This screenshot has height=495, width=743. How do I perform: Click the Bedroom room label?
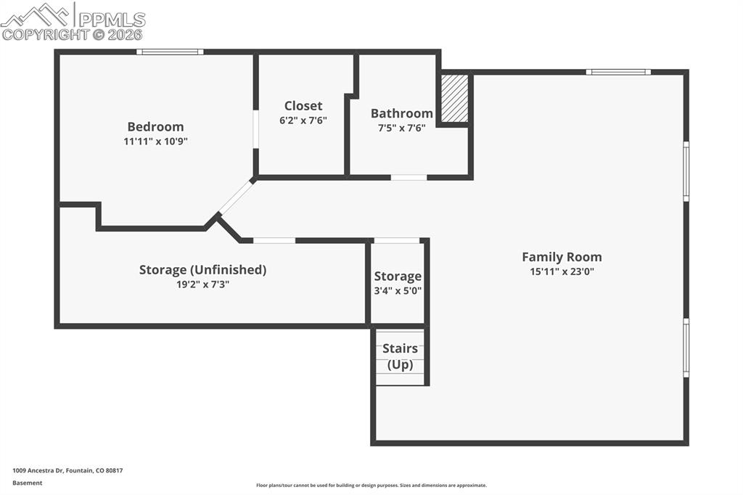click(x=155, y=126)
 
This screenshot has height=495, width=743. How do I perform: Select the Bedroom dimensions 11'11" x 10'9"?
click(x=155, y=142)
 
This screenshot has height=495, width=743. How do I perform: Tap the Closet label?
click(x=303, y=106)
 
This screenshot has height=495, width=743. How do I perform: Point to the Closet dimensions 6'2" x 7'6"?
click(x=303, y=120)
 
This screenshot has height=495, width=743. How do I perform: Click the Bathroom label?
click(x=401, y=113)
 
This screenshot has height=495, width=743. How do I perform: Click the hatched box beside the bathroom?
click(x=454, y=98)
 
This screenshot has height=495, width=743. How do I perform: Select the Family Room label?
click(x=562, y=257)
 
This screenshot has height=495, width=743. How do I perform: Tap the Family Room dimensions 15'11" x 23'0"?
click(x=562, y=271)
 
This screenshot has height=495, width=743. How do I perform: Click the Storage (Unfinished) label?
click(x=202, y=270)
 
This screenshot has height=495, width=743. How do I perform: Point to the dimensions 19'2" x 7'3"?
click(x=202, y=285)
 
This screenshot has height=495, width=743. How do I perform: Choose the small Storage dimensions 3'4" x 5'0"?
click(x=398, y=290)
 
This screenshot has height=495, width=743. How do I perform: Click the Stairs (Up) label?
click(x=400, y=356)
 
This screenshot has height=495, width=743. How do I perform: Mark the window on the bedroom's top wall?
click(x=170, y=52)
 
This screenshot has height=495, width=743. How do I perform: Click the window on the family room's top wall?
click(x=618, y=72)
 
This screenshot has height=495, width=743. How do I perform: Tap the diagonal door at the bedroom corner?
click(x=236, y=197)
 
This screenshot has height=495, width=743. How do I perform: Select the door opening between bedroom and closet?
click(x=255, y=129)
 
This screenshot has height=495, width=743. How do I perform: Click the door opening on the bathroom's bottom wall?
click(x=409, y=177)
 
